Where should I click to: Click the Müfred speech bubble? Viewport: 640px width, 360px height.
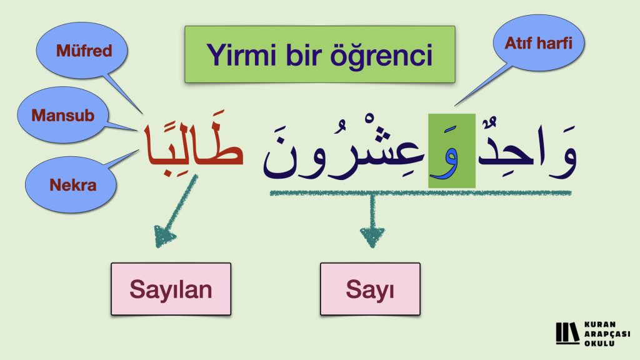(82, 51)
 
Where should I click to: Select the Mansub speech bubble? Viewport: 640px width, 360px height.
(62, 115)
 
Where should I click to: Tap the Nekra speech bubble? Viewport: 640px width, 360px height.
(71, 184)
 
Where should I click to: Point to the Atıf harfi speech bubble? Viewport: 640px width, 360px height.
(539, 43)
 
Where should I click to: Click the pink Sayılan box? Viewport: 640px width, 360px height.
(171, 289)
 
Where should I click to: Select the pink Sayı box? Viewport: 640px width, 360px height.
(370, 289)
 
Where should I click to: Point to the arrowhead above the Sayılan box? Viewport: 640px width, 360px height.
(164, 236)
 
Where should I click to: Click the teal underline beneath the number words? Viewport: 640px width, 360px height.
(421, 192)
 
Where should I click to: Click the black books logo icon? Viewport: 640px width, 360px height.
(567, 333)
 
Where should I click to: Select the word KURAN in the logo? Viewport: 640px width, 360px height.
(600, 325)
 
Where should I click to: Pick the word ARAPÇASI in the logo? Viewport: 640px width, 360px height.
(607, 334)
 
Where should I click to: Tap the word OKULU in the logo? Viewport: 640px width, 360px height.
(599, 343)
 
